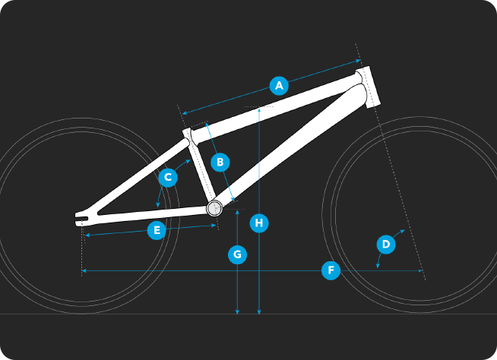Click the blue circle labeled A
(279, 85)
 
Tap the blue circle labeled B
(220, 163)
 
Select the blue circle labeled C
(168, 177)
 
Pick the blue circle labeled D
(386, 245)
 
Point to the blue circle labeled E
(157, 230)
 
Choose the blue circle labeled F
(331, 270)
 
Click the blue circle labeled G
(237, 254)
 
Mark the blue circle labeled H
(259, 223)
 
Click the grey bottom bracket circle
(214, 209)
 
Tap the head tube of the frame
(368, 87)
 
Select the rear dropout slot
(81, 219)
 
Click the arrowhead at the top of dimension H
(259, 109)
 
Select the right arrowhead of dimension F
(420, 270)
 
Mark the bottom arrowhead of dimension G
(237, 312)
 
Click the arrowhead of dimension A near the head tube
(358, 61)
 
